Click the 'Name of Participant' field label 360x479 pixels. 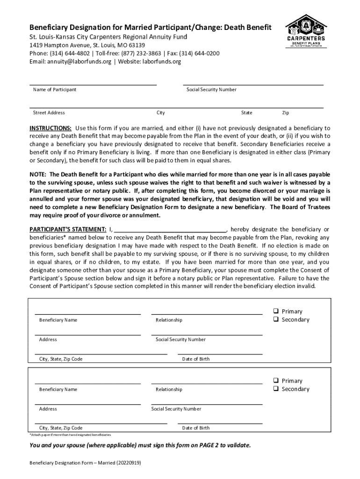54,90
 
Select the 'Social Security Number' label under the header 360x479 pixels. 211,90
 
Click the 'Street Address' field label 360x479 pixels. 49,113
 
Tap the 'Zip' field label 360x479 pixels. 286,113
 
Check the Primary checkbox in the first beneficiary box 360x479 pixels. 276,311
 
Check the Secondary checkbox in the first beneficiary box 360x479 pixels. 276,319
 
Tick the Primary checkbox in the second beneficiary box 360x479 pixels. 276,380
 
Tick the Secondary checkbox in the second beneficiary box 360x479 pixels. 276,389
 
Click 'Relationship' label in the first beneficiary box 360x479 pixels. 169,320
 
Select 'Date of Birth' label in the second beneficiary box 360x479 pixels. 196,428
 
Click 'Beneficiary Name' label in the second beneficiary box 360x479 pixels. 58,390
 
